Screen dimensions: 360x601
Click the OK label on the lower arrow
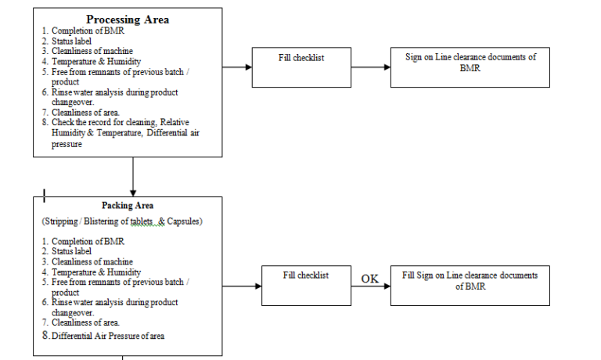click(x=369, y=279)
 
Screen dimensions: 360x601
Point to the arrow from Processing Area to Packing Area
click(x=134, y=176)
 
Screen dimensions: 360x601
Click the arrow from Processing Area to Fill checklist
click(x=237, y=67)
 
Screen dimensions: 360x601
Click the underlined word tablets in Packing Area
click(x=143, y=222)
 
